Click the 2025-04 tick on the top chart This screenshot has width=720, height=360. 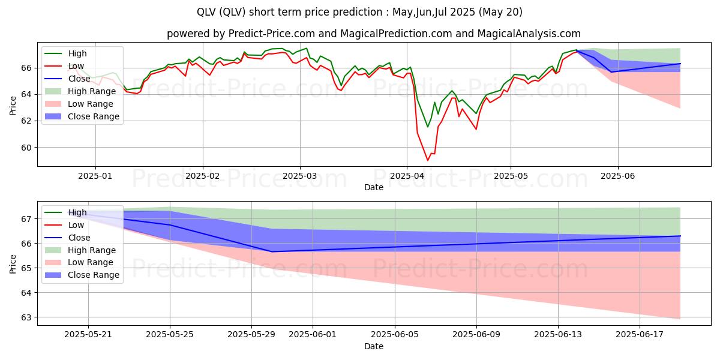coord(407,176)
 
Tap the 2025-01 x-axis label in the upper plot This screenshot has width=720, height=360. coord(95,176)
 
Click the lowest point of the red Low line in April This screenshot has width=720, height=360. coord(428,160)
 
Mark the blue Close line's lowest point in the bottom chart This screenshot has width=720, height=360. coord(272,251)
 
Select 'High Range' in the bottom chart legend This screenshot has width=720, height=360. coord(92,250)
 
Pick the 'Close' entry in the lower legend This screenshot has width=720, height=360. coord(79,238)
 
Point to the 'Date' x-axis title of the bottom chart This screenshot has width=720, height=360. coord(373,346)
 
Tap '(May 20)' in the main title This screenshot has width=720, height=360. coord(500,12)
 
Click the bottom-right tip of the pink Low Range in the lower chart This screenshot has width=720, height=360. coord(680,319)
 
